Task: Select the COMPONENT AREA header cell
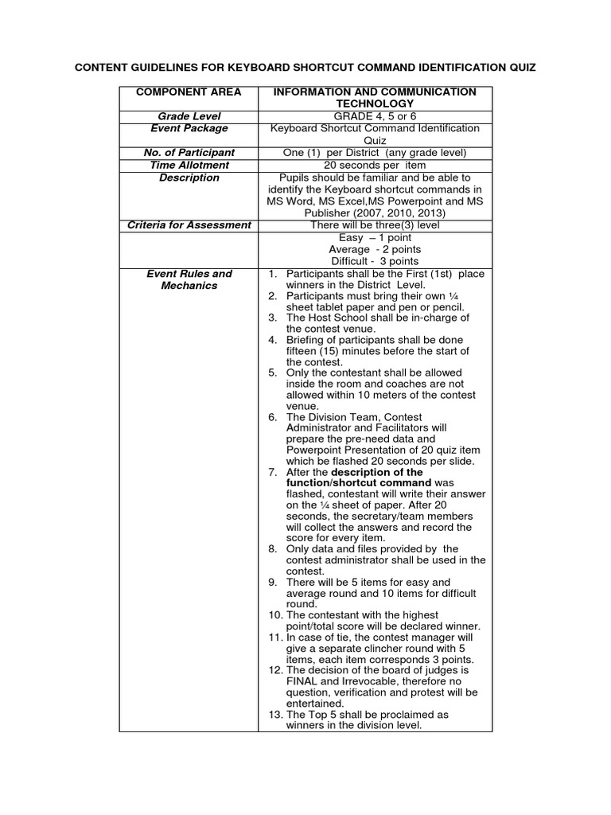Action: click(x=189, y=92)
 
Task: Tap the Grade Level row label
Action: click(x=189, y=116)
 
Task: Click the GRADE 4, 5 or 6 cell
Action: click(x=375, y=116)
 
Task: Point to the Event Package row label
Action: click(x=189, y=128)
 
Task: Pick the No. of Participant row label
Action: click(x=189, y=153)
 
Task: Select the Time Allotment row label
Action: click(x=189, y=165)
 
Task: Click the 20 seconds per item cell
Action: click(x=375, y=165)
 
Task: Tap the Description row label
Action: click(x=189, y=177)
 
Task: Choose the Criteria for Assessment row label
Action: click(x=189, y=225)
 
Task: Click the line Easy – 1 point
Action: click(x=375, y=237)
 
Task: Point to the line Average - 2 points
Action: click(x=375, y=249)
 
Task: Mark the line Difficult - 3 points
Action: click(x=375, y=261)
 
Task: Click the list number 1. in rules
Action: click(x=271, y=274)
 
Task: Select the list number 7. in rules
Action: click(x=271, y=472)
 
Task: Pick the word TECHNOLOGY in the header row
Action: click(x=375, y=104)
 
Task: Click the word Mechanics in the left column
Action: click(x=189, y=286)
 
